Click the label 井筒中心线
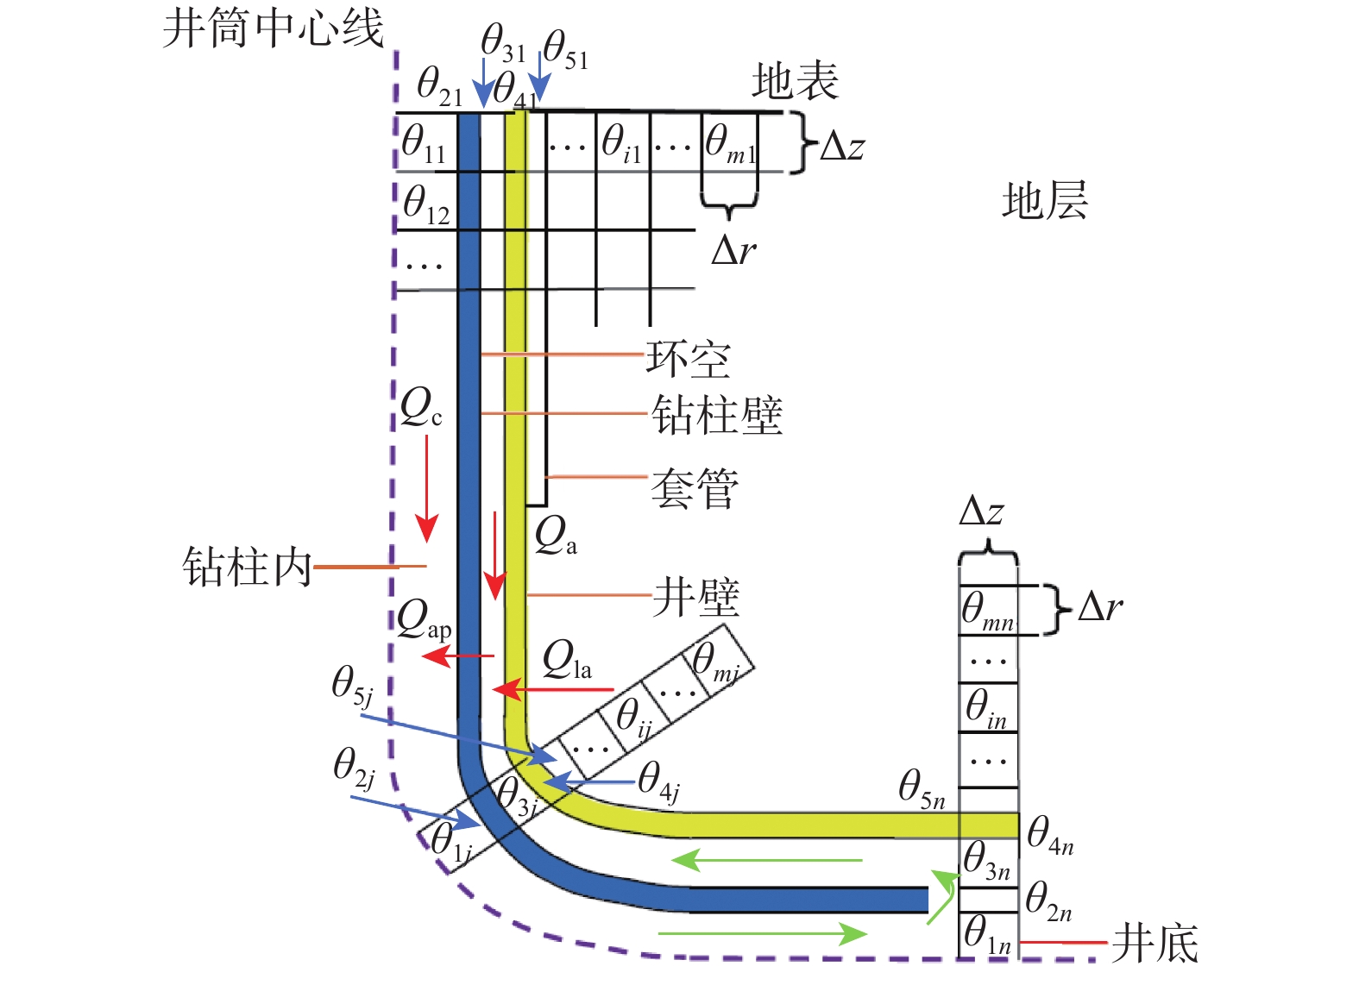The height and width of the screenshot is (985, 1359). (x=273, y=28)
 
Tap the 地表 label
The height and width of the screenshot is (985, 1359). (x=795, y=82)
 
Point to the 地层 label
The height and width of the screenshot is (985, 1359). (x=1044, y=201)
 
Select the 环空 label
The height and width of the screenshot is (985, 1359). (x=688, y=359)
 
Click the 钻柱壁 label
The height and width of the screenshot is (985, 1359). (x=717, y=416)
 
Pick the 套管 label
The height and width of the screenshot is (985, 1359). (x=695, y=489)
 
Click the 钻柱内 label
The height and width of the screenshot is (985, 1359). (x=247, y=568)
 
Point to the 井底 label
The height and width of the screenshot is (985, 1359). (x=1155, y=943)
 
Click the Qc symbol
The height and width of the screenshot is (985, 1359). (x=421, y=407)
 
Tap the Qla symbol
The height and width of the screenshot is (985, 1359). (x=567, y=662)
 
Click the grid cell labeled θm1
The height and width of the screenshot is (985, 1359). (x=730, y=143)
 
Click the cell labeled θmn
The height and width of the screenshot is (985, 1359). (x=988, y=611)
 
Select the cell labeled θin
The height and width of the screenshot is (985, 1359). (x=988, y=708)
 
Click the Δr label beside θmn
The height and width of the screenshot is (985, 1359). (x=1100, y=608)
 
